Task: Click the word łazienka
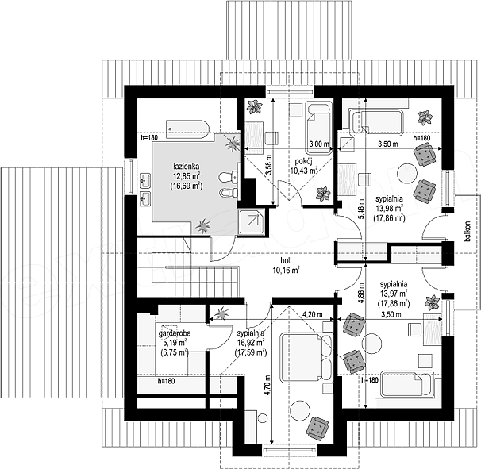[x=187, y=167]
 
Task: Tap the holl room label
[x=286, y=261]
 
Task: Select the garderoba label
[x=175, y=333]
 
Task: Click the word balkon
[x=468, y=232]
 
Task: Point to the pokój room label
[x=303, y=161]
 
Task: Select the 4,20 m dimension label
[x=313, y=314]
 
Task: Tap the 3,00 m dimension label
[x=319, y=144]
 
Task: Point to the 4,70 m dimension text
[x=267, y=385]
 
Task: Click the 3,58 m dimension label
[x=269, y=165]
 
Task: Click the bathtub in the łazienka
[x=188, y=129]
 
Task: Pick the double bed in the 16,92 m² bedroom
[x=306, y=358]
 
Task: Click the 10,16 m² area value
[x=286, y=270]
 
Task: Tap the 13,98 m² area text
[x=389, y=209]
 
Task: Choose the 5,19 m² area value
[x=173, y=342]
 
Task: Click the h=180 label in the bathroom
[x=149, y=138]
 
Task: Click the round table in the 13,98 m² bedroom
[x=407, y=174]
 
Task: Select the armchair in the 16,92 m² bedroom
[x=317, y=429]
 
